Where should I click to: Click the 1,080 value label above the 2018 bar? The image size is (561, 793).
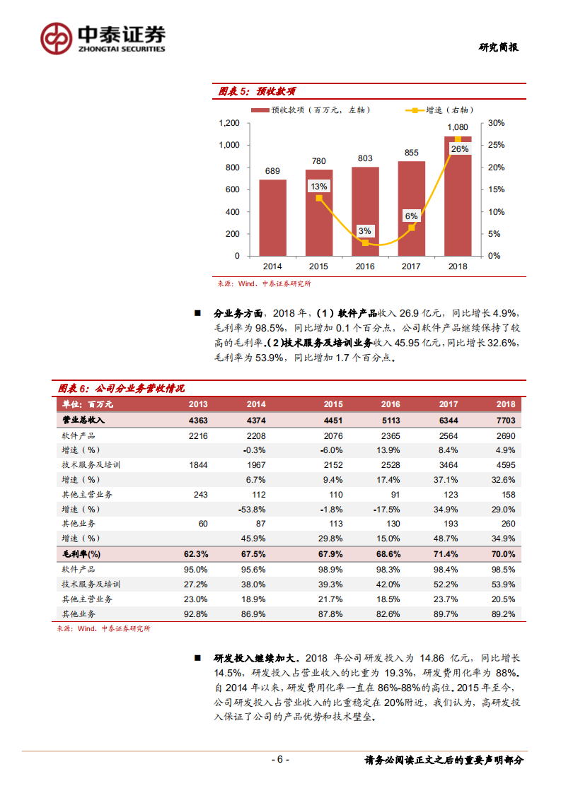[458, 127]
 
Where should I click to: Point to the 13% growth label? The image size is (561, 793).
[318, 187]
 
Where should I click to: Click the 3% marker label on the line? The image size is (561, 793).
[365, 231]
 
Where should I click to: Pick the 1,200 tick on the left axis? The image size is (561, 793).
[229, 123]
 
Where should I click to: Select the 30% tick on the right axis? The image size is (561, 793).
[497, 123]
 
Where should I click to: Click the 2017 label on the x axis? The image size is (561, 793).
[411, 266]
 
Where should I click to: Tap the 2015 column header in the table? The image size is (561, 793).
[333, 404]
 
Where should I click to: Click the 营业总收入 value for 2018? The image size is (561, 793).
[505, 420]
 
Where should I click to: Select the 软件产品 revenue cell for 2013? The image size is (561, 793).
[198, 436]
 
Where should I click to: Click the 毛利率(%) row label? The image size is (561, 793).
[82, 553]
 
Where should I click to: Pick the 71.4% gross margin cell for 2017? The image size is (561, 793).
[448, 553]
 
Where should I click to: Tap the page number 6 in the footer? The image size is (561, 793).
[280, 760]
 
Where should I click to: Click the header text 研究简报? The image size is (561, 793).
[498, 47]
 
